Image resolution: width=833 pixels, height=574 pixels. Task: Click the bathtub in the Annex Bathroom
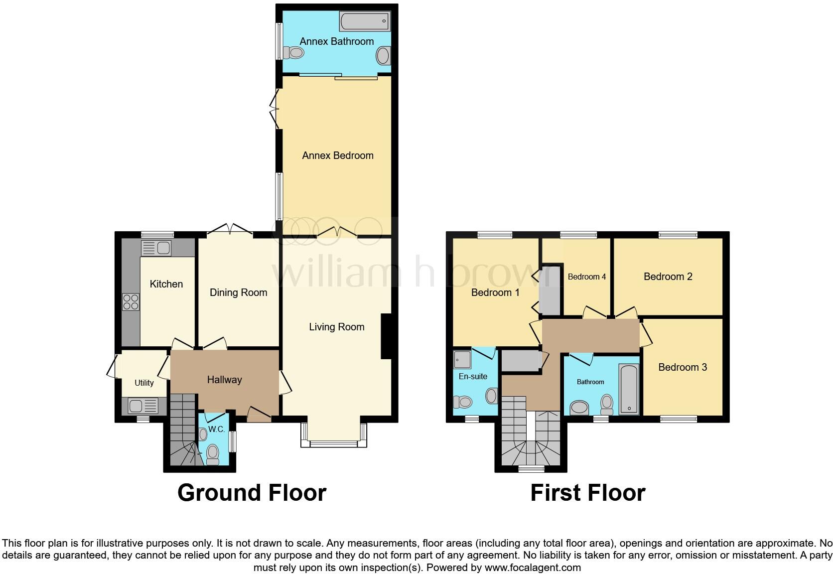365,21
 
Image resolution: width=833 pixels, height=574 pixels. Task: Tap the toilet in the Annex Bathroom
293,52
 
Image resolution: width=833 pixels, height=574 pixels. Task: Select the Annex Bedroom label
337,155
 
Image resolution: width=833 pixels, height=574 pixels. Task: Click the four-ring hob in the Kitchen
131,302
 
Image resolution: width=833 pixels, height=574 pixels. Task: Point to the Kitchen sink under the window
156,248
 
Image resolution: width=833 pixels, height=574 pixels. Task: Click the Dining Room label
238,292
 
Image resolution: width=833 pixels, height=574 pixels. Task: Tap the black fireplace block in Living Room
386,336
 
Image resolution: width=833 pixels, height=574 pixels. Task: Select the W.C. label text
216,429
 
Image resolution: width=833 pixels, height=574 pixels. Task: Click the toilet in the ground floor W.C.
213,454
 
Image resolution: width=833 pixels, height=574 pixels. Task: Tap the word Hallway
224,380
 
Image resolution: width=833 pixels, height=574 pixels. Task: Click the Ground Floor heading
252,493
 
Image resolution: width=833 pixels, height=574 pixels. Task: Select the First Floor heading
587,493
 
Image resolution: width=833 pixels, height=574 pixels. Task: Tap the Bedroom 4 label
586,277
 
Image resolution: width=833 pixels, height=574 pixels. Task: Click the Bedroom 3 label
682,367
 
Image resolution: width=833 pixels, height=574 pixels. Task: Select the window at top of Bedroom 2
678,235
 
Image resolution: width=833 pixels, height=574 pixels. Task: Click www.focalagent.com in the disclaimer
532,568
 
